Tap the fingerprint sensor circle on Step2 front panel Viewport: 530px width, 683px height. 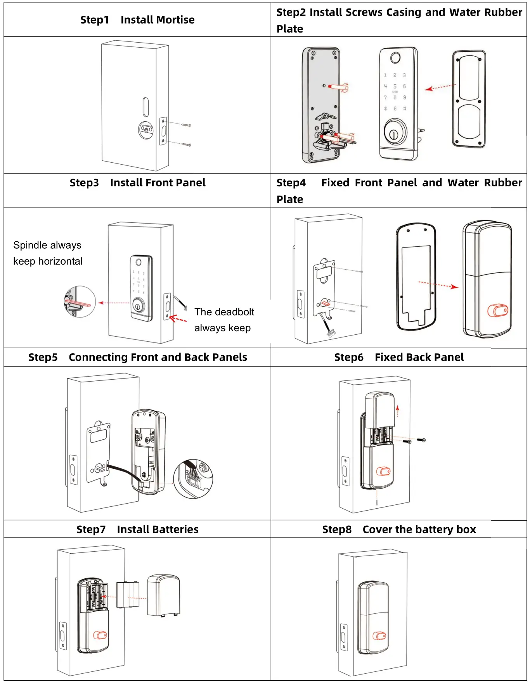395,58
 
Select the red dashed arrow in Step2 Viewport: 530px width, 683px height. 440,87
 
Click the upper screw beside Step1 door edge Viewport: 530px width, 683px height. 186,125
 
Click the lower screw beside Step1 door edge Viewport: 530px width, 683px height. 187,145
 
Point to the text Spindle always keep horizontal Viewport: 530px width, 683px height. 47,253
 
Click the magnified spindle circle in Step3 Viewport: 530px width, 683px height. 80,302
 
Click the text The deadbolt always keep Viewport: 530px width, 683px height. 224,320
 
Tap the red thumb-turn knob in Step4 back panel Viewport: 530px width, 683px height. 497,311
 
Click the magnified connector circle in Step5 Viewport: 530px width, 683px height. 193,479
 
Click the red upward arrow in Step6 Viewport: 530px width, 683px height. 397,411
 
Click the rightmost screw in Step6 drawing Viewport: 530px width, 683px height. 421,440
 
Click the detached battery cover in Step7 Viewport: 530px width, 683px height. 163,595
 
